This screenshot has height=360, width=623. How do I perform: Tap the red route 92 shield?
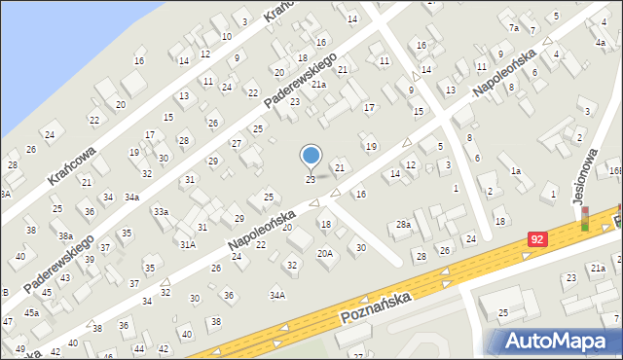tap(538, 237)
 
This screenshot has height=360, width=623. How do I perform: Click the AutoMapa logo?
tap(558, 341)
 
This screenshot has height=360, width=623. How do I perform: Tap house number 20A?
tap(325, 253)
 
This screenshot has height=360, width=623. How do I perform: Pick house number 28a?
tap(403, 225)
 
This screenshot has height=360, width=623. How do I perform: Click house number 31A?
tap(188, 244)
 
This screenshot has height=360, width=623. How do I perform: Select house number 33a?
tap(161, 211)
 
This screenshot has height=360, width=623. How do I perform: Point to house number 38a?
tap(65, 235)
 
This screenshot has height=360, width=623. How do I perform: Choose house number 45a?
tap(32, 312)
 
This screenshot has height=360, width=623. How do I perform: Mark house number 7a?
tap(513, 28)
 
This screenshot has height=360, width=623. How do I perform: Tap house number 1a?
tap(516, 171)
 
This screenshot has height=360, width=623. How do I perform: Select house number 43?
tap(65, 278)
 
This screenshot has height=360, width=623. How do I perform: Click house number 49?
tap(20, 348)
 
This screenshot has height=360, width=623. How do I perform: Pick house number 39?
tap(90, 259)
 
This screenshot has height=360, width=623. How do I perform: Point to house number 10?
tap(226, 36)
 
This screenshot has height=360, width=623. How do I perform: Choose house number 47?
tap(8, 321)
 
